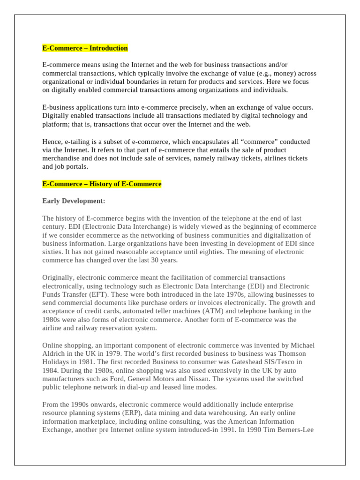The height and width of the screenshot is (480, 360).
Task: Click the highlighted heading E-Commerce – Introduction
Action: [85, 48]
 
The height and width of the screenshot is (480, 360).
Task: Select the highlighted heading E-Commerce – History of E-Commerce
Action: [102, 184]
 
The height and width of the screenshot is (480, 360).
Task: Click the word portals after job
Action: [75, 167]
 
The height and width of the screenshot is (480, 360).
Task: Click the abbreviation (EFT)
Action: [101, 295]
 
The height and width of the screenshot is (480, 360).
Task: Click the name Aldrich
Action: [54, 354]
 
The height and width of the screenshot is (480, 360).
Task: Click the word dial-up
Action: [151, 388]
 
